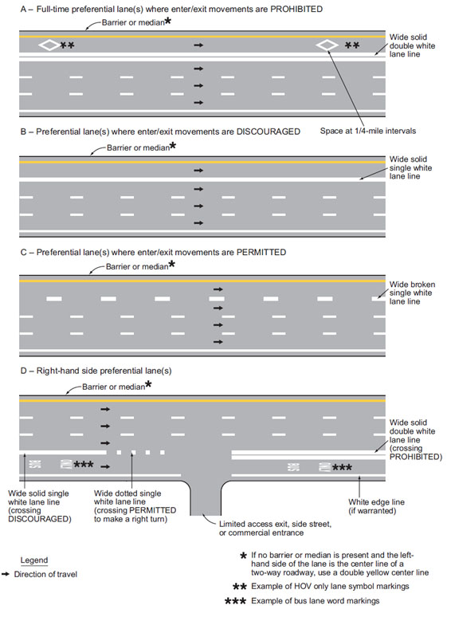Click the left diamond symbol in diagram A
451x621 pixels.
pyautogui.click(x=49, y=45)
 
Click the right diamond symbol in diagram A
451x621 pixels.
pyautogui.click(x=327, y=45)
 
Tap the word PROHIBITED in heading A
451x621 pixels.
pyautogui.click(x=296, y=9)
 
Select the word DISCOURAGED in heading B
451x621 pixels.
pyautogui.click(x=268, y=132)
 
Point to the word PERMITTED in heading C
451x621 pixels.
pyautogui.click(x=261, y=252)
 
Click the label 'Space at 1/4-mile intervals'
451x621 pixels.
pyautogui.click(x=368, y=131)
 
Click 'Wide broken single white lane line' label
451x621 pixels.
pyautogui.click(x=412, y=293)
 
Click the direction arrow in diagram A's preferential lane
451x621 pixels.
pyautogui.click(x=198, y=45)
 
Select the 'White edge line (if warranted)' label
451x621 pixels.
pyautogui.click(x=376, y=506)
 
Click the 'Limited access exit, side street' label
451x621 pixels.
pyautogui.click(x=275, y=524)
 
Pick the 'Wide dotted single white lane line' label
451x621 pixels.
pyautogui.click(x=135, y=506)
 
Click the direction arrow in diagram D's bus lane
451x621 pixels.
pyautogui.click(x=105, y=467)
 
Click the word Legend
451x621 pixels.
pyautogui.click(x=34, y=560)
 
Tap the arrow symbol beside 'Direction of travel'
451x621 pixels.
pyautogui.click(x=6, y=574)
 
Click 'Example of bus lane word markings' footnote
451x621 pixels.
pyautogui.click(x=316, y=601)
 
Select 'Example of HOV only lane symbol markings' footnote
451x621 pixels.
pyautogui.click(x=330, y=586)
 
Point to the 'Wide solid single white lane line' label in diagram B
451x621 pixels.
pyautogui.click(x=410, y=167)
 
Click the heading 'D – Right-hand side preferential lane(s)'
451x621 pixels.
pyautogui.click(x=96, y=371)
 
